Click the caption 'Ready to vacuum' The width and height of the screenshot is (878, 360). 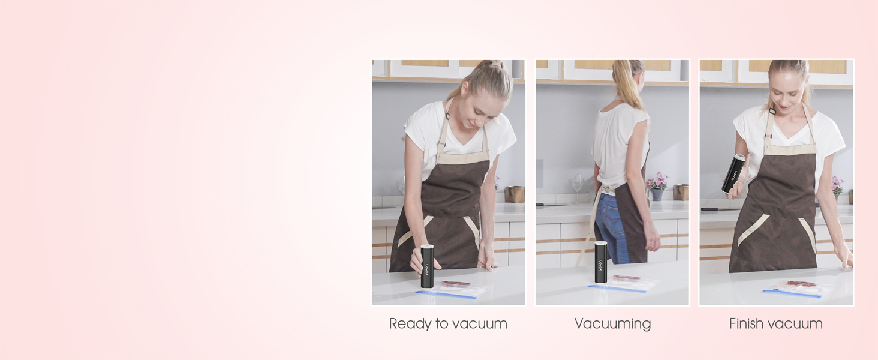coord(448,324)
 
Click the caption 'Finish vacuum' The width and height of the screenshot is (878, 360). coord(775,324)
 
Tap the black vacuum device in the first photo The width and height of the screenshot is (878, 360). coord(427,266)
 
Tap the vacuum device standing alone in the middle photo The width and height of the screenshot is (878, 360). coord(600,262)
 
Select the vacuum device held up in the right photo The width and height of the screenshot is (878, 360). coord(733,173)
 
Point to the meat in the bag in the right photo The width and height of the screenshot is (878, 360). coord(801,284)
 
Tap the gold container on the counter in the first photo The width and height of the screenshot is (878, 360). coord(515,194)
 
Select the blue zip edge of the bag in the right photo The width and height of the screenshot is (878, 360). coord(792,294)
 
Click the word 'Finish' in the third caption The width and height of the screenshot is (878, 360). coord(747,323)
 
